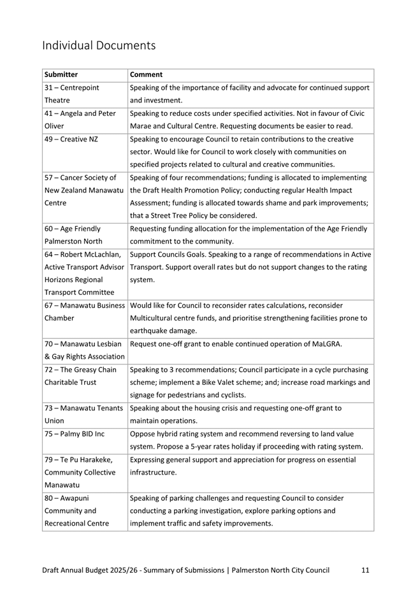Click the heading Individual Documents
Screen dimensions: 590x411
tap(98, 46)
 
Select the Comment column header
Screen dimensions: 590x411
tap(146, 75)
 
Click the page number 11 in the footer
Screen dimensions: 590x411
tap(365, 570)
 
